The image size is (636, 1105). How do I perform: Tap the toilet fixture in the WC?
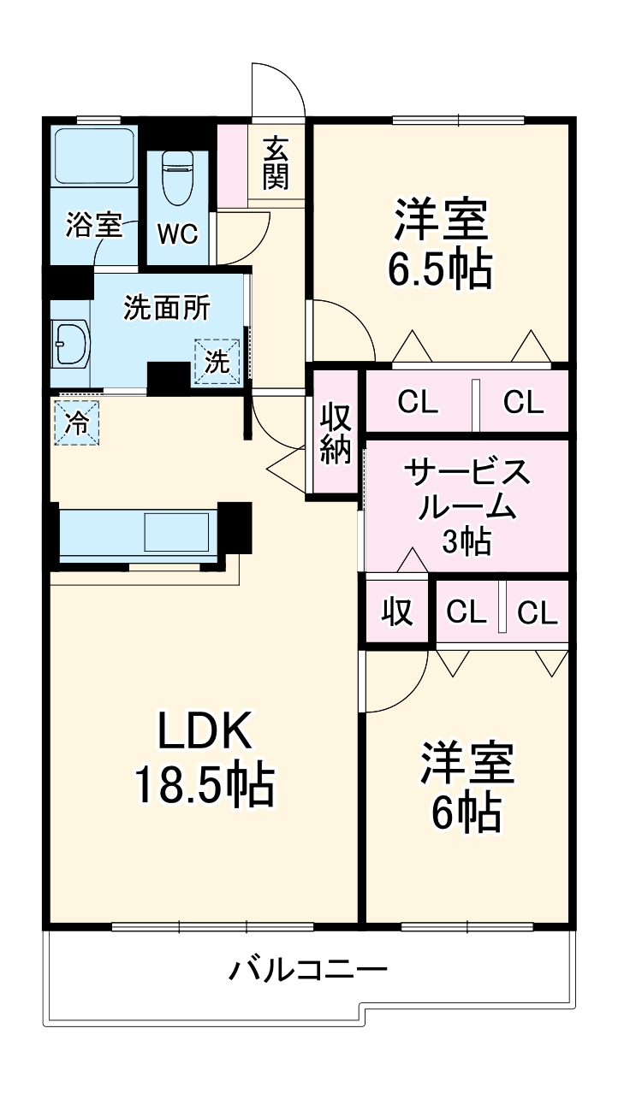177,177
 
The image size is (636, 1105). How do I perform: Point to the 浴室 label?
93,227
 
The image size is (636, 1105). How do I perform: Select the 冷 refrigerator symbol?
77,423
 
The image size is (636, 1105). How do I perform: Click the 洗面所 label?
166,308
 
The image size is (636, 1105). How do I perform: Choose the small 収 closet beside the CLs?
397,612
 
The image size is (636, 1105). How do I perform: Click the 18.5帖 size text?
204,785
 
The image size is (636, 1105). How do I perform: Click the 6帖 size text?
466,812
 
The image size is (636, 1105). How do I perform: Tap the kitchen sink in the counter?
176,533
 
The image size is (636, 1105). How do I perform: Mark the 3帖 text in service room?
467,542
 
